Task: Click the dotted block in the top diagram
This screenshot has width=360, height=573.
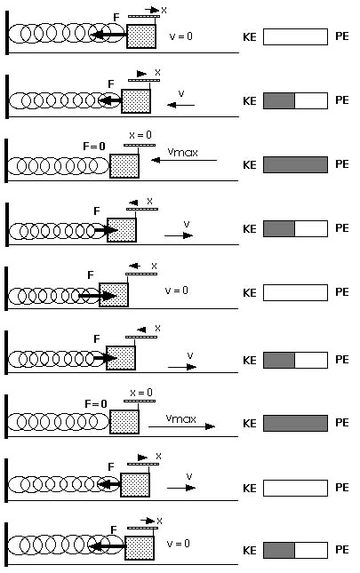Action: [141, 36]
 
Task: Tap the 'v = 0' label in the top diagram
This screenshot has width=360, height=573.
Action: [181, 36]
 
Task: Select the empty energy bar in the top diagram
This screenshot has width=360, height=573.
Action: [295, 37]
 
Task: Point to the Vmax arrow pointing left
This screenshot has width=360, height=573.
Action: [184, 160]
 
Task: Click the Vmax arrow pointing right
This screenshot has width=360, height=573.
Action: [181, 426]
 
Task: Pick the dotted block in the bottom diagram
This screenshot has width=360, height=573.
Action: [140, 548]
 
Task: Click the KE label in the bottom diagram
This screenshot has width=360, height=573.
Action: [250, 550]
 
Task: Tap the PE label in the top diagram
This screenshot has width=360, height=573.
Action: [342, 36]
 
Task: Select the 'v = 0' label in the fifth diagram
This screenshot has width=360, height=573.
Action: [177, 290]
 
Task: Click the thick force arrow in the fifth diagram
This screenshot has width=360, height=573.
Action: [98, 295]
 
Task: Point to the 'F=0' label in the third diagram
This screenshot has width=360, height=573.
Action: [94, 147]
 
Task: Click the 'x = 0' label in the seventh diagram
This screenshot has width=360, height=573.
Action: [141, 393]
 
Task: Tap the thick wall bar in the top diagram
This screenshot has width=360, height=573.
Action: [7, 33]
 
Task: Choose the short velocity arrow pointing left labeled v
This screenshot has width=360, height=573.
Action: [181, 105]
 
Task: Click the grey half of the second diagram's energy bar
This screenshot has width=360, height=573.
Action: [279, 101]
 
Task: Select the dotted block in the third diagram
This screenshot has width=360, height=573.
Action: [124, 166]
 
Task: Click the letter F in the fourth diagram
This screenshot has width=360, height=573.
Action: [97, 211]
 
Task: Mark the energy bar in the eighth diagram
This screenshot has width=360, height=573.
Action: [295, 488]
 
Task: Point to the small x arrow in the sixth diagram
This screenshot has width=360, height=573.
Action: [141, 330]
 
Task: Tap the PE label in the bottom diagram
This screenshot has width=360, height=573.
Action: [342, 550]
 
